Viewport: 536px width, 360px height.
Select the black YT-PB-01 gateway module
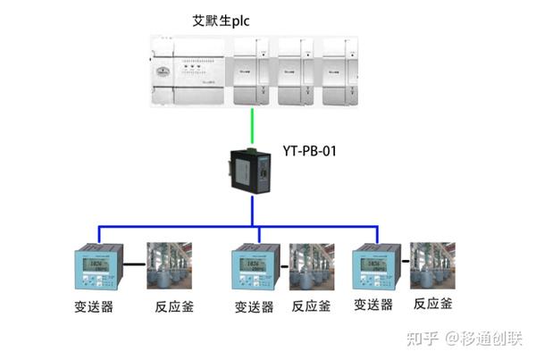tap(252, 170)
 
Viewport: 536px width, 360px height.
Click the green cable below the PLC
tap(252, 126)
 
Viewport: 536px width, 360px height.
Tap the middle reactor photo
tap(311, 266)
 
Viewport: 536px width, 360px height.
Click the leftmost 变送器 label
tap(93, 306)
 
